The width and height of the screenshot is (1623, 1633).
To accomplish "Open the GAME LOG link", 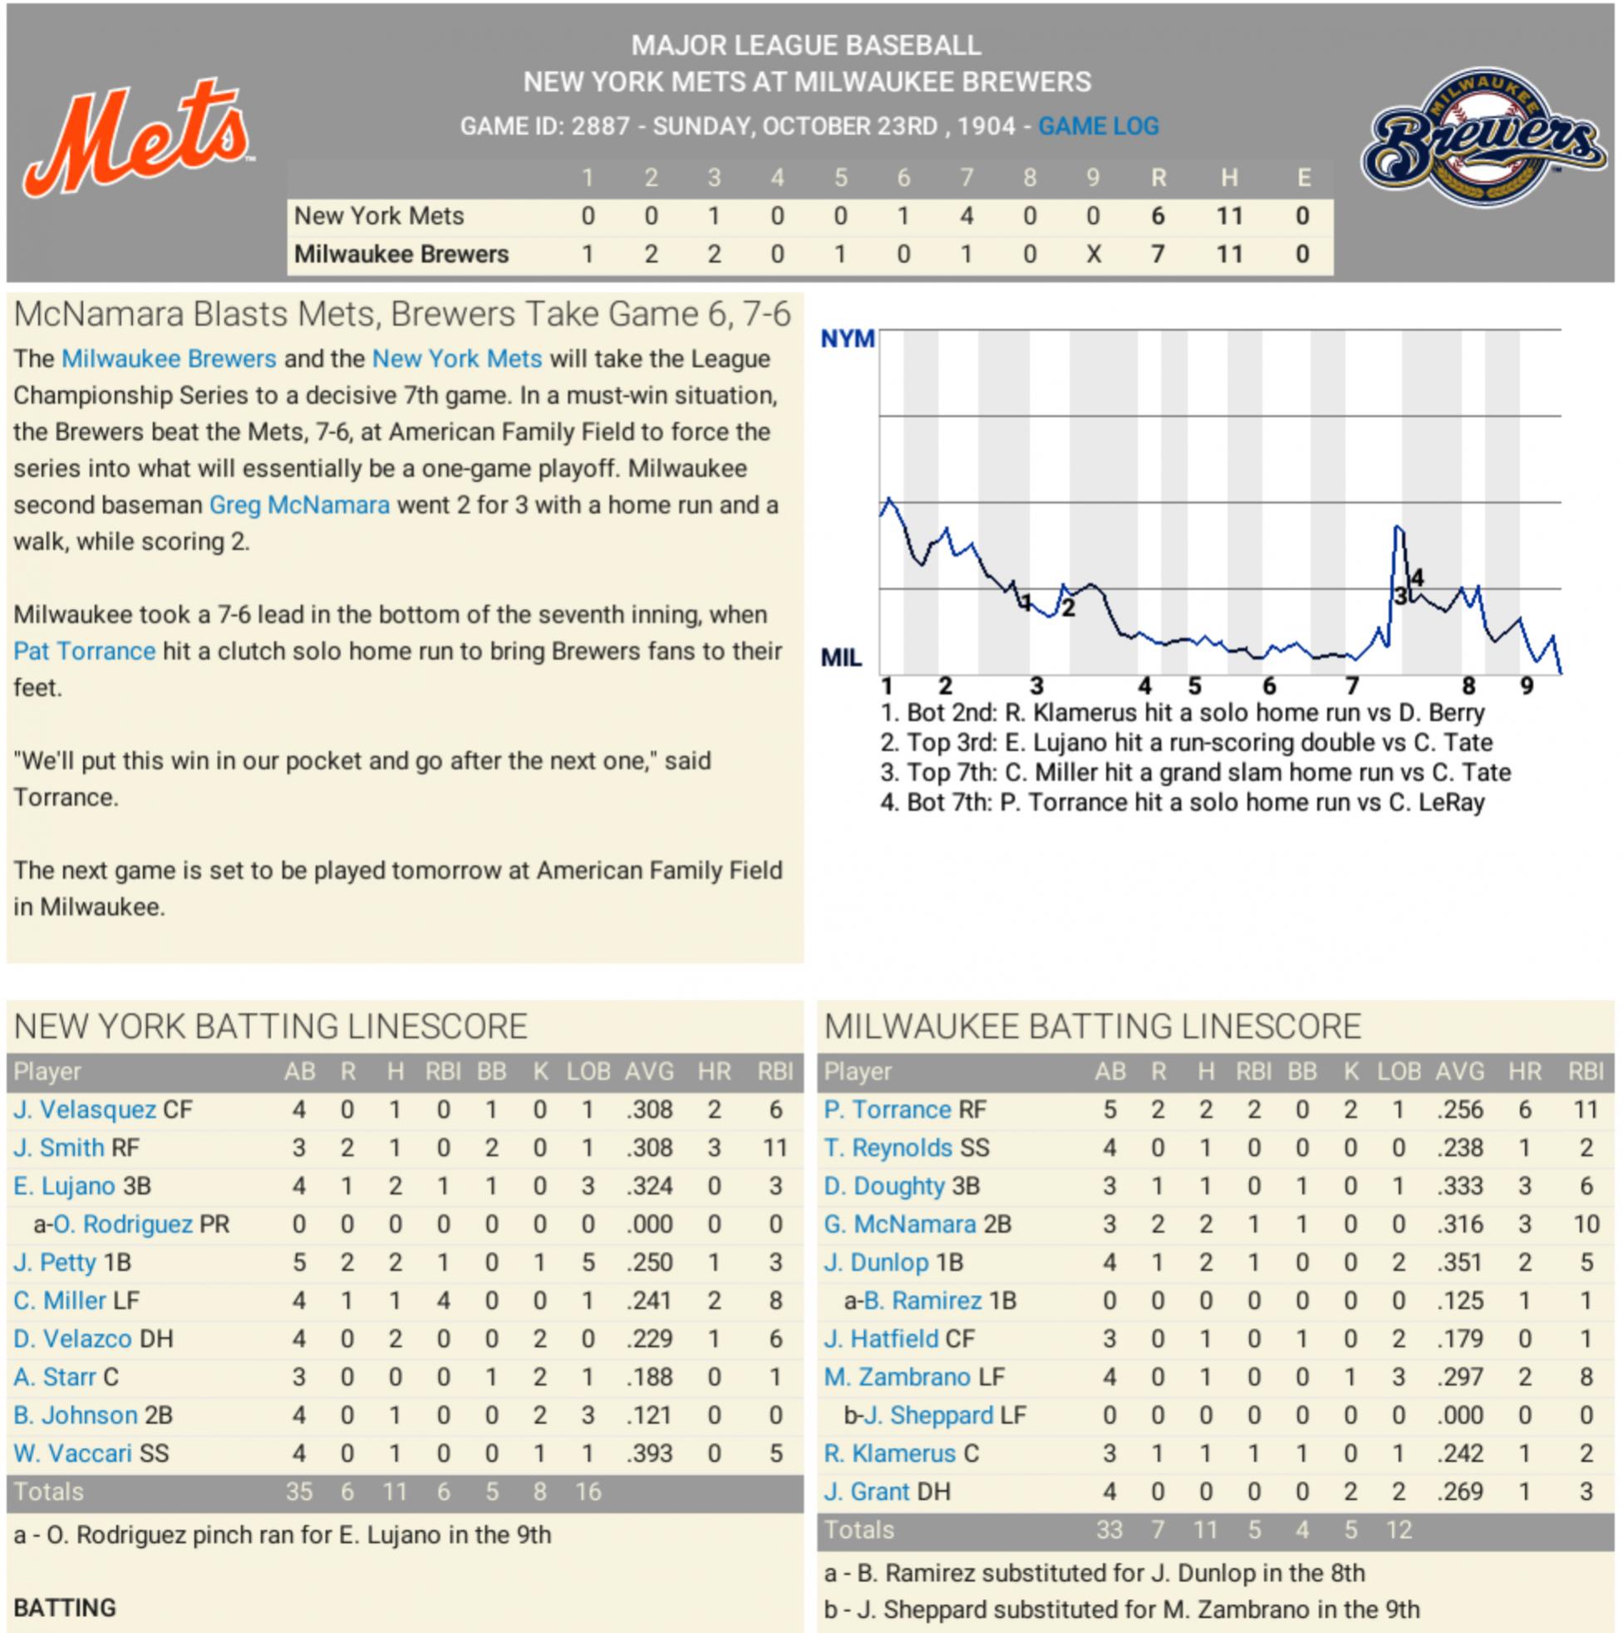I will click(x=1098, y=127).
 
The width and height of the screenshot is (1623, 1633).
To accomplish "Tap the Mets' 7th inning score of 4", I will click(x=966, y=216).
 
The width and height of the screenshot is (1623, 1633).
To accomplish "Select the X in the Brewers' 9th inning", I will click(x=1093, y=254).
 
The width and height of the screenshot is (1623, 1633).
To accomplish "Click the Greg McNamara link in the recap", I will click(x=299, y=505).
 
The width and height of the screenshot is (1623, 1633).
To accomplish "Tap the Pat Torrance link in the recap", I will click(x=85, y=652).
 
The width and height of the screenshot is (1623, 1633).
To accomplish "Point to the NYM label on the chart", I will click(x=847, y=339).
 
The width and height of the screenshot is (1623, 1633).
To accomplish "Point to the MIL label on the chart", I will click(x=841, y=657).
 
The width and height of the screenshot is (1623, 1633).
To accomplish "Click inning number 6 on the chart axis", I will click(x=1269, y=686).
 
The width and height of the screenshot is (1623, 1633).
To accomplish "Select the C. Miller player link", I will click(x=59, y=1301).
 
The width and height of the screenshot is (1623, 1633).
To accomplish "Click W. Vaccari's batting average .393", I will click(x=649, y=1453).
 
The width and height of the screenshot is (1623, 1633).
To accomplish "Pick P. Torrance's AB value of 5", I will click(x=1109, y=1109).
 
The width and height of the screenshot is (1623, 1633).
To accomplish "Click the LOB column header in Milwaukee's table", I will click(x=1399, y=1072).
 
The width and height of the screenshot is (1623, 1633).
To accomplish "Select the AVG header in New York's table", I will click(x=649, y=1072).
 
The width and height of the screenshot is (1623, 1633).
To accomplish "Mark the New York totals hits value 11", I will click(x=395, y=1492).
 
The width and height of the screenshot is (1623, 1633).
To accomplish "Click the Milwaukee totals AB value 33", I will click(x=1109, y=1530).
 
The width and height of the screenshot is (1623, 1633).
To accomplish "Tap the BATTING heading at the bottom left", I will click(x=64, y=1607).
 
